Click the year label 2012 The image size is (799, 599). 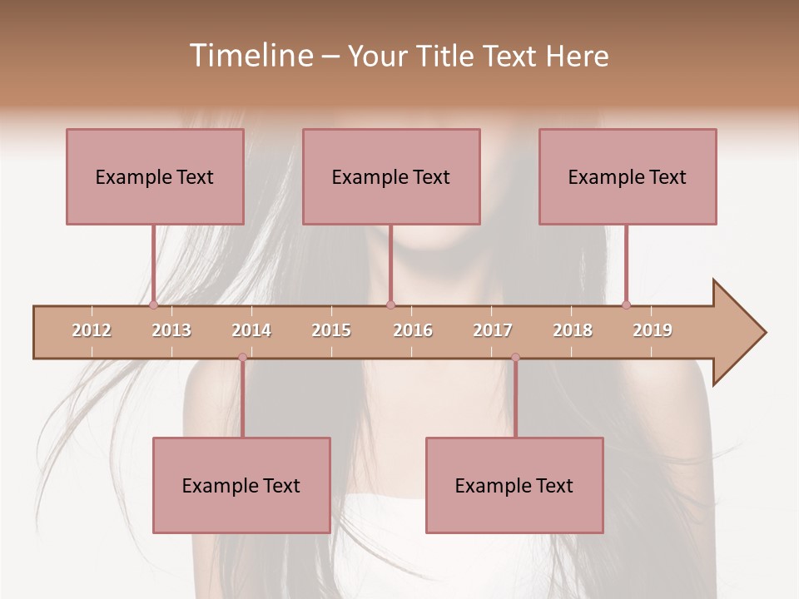point(92,330)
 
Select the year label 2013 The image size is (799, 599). point(171,330)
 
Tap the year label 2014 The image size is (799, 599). point(251,330)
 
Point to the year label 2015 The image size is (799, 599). point(331,330)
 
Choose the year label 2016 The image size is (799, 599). point(413,330)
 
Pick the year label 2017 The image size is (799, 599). point(493,330)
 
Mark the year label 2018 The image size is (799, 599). point(573,330)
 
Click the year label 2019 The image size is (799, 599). point(653,330)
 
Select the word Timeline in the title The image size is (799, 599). point(250,56)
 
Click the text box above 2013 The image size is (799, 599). point(155,176)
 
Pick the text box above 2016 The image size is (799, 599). point(391,176)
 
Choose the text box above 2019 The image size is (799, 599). point(628,176)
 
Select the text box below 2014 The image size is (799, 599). point(241,485)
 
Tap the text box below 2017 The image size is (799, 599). point(514,485)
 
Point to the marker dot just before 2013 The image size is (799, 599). point(153,304)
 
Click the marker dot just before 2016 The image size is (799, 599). point(390,304)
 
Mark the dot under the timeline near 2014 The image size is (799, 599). point(242,358)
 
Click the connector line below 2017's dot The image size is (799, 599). point(515,399)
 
